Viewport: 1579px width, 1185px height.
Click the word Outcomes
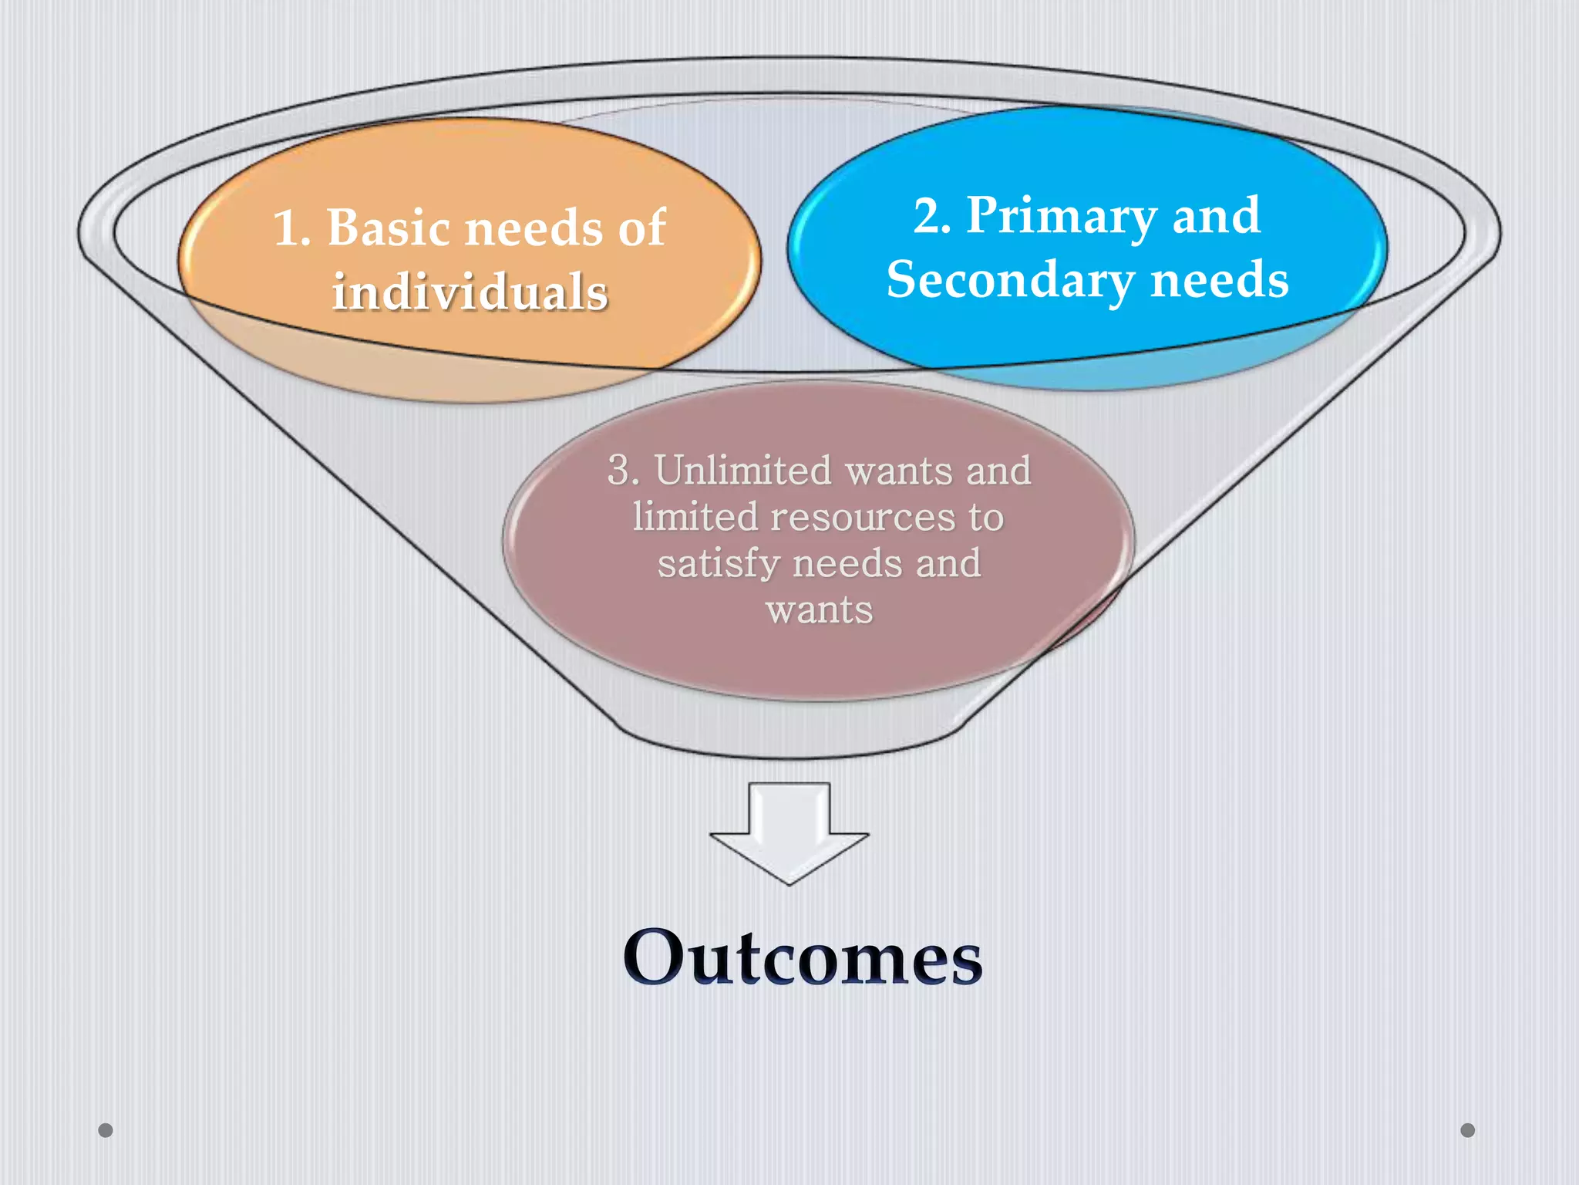tap(803, 958)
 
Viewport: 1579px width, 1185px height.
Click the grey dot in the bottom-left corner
tap(106, 1130)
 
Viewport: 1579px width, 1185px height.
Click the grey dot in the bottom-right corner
tap(1468, 1130)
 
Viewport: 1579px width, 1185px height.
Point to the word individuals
tap(470, 293)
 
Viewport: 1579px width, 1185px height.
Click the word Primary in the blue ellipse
tap(1061, 216)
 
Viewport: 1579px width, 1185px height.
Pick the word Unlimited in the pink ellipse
tap(743, 470)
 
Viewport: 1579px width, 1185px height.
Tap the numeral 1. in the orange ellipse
tap(292, 229)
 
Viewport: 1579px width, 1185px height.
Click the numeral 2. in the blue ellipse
tap(931, 216)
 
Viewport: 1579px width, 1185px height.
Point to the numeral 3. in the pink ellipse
tap(623, 470)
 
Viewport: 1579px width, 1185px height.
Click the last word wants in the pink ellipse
tap(820, 610)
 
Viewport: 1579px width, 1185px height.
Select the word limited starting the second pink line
tap(695, 516)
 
